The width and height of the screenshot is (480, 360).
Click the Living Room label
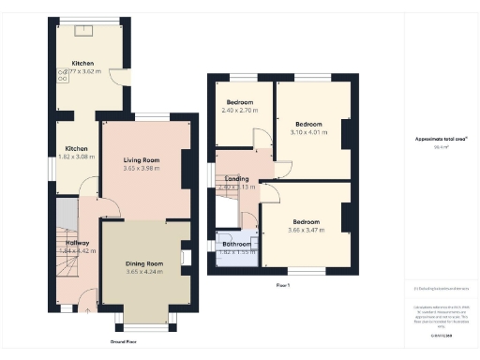click(x=142, y=160)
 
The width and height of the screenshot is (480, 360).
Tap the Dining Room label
click(x=144, y=263)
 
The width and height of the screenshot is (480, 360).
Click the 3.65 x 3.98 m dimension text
click(x=142, y=169)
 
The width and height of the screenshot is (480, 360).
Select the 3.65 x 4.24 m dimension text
click(x=144, y=272)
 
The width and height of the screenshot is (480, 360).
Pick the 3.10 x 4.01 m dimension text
click(x=308, y=132)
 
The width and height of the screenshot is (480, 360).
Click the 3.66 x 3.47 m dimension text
click(x=307, y=230)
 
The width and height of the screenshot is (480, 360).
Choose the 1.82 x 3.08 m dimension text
click(x=77, y=157)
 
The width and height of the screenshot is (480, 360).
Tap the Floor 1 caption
click(x=282, y=284)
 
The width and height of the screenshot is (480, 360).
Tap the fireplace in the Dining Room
click(x=187, y=256)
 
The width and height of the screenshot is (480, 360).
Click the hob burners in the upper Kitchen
click(x=64, y=76)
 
